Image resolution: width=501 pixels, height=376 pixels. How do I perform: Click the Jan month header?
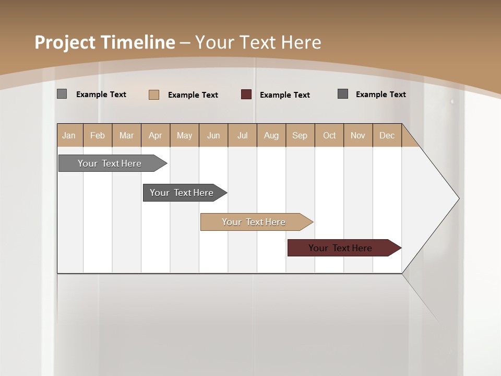(x=69, y=135)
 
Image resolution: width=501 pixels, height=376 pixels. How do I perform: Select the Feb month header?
(x=98, y=135)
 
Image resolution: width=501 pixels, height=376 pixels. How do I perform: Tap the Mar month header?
(x=126, y=135)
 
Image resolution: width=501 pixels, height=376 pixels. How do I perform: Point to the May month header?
(x=184, y=135)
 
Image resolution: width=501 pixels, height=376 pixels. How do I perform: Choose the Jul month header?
(x=242, y=135)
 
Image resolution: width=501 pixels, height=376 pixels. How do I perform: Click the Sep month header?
(x=300, y=135)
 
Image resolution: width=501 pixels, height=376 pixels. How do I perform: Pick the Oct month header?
(x=329, y=135)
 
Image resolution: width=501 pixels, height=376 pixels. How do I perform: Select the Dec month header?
(x=387, y=135)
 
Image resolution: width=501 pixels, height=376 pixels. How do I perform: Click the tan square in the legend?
(x=154, y=95)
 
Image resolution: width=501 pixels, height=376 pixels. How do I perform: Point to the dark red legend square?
(x=246, y=95)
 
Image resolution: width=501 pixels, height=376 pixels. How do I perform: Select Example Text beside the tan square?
(x=193, y=95)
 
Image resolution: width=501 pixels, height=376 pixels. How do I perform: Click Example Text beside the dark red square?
(x=285, y=95)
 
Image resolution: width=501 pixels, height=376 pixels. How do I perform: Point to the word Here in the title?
(x=301, y=42)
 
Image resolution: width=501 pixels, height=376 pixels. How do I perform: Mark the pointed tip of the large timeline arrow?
(x=458, y=198)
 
